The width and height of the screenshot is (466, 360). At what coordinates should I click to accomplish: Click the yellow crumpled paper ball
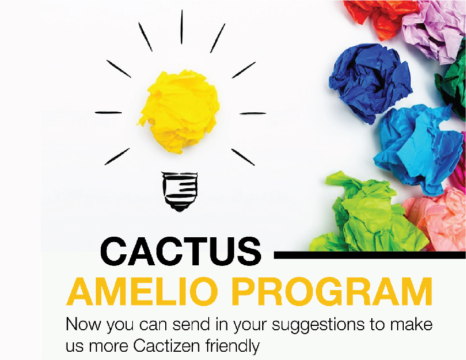point(180,112)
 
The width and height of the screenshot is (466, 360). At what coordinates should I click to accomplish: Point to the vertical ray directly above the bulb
point(182,27)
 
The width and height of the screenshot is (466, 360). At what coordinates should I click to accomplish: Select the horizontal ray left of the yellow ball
point(109,113)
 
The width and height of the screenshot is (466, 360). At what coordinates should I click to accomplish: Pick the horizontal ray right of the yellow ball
point(253,113)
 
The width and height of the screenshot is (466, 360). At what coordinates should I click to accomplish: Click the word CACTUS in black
point(181,252)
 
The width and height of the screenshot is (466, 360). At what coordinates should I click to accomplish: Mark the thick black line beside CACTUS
point(370,255)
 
